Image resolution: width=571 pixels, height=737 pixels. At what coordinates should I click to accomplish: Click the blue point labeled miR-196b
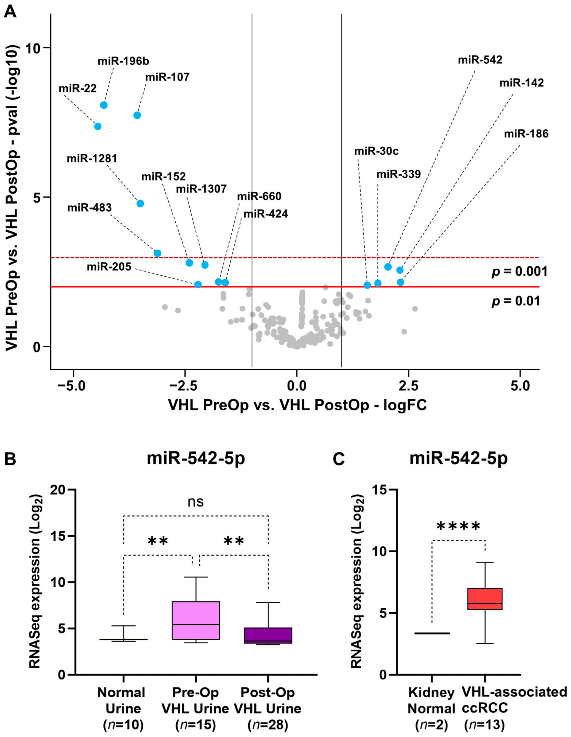104,105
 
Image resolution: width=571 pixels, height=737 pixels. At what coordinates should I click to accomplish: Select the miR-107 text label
167,77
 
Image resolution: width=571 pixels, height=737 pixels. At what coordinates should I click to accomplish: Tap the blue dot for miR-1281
140,203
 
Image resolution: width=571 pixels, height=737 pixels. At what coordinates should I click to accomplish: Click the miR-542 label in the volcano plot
480,60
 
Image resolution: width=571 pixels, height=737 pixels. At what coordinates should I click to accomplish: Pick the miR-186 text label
526,134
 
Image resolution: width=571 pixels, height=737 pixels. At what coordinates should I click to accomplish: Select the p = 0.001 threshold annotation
519,272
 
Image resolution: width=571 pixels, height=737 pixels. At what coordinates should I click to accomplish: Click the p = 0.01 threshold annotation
516,301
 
